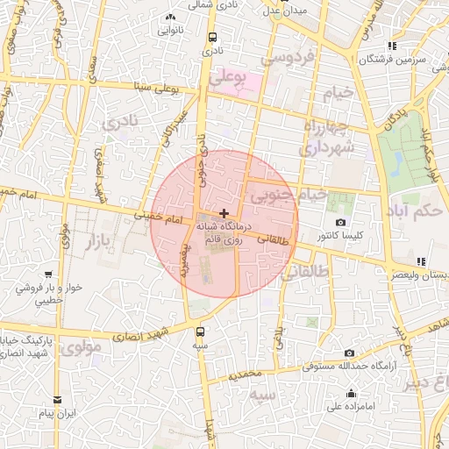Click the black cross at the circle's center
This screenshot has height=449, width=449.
225,213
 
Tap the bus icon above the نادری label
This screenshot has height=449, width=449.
213,37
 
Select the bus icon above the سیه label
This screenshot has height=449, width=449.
201,331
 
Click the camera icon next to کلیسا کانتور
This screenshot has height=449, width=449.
340,224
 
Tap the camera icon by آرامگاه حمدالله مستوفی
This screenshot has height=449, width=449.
350,353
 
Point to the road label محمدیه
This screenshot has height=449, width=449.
245,374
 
